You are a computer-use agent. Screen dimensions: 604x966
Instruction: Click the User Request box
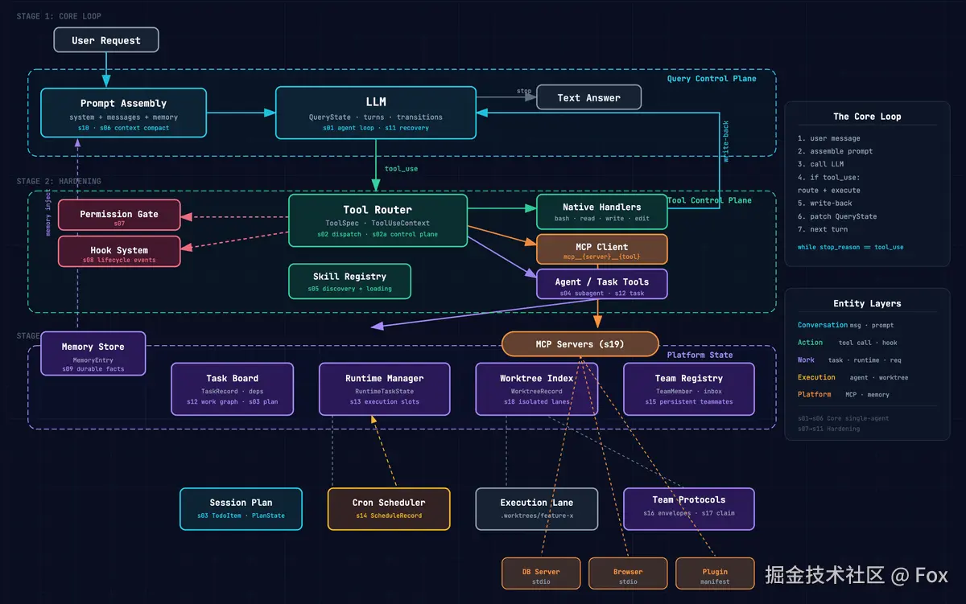click(x=105, y=40)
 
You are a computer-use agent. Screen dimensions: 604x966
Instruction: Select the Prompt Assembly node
click(x=123, y=113)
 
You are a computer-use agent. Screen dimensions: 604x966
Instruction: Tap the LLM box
click(x=375, y=112)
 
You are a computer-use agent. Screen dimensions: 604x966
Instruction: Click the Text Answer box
click(x=588, y=97)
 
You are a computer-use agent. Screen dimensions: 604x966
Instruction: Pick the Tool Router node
click(x=377, y=220)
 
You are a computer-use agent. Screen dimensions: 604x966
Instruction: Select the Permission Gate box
click(x=118, y=215)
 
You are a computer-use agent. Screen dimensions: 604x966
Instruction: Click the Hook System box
click(x=118, y=251)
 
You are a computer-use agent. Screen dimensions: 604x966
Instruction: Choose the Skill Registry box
click(x=349, y=281)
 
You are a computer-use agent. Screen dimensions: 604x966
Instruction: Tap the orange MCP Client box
click(x=601, y=249)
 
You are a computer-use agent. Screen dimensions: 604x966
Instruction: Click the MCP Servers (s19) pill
click(x=580, y=344)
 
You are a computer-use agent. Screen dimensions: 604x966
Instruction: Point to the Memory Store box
click(x=93, y=353)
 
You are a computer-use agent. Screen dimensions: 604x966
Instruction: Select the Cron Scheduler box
click(x=388, y=508)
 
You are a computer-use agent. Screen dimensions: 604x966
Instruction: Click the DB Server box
click(x=540, y=573)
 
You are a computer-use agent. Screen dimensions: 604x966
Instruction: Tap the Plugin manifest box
click(x=714, y=573)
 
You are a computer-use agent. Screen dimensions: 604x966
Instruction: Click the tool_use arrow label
click(x=401, y=169)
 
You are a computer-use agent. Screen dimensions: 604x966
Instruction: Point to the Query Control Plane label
click(x=711, y=79)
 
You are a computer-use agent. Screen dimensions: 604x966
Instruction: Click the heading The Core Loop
click(x=867, y=117)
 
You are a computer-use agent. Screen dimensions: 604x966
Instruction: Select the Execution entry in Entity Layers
click(x=816, y=377)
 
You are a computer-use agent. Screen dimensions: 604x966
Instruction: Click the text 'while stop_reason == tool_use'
click(x=850, y=247)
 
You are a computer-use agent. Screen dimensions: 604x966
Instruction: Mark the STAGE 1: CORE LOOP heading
click(x=59, y=16)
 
